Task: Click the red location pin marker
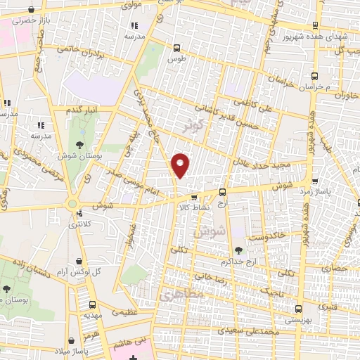pyautogui.click(x=181, y=165)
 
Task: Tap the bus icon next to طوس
pyautogui.click(x=176, y=48)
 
